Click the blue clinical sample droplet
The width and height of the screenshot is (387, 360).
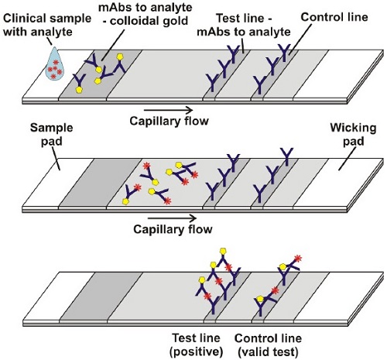(x=55, y=64)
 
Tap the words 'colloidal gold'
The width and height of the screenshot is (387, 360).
(x=149, y=21)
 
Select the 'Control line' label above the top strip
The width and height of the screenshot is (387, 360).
(x=334, y=17)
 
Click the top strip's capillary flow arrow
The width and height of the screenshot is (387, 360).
(x=169, y=110)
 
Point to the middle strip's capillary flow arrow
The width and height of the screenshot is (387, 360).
(x=172, y=218)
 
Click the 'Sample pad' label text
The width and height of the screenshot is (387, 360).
(x=52, y=135)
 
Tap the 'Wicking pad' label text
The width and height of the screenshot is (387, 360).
(x=353, y=135)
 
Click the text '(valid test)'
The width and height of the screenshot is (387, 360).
(x=268, y=351)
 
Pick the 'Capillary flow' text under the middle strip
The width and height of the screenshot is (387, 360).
(x=173, y=229)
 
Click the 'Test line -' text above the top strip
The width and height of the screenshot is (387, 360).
(x=245, y=19)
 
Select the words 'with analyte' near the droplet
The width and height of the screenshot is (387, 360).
(x=38, y=32)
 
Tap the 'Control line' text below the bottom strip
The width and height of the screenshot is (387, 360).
(x=268, y=338)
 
